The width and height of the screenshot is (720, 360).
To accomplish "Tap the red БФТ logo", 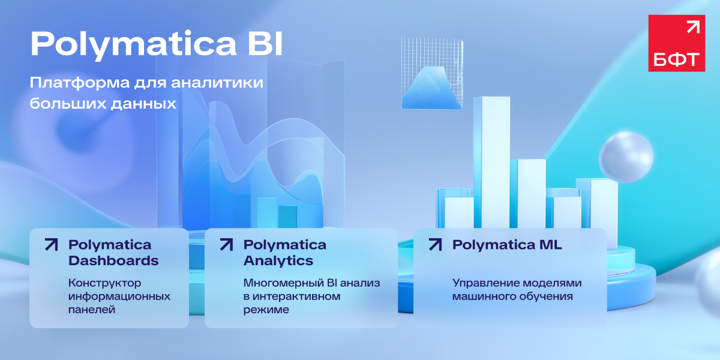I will [x=677, y=43].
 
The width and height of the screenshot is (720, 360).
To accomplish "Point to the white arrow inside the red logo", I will [x=692, y=28].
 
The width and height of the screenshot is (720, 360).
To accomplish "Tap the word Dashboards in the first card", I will [x=113, y=260].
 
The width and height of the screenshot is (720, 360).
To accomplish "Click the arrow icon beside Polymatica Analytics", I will [x=226, y=244].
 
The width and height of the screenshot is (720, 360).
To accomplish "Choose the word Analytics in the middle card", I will [x=278, y=260].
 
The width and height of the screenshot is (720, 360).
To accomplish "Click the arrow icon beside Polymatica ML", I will [x=435, y=244].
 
